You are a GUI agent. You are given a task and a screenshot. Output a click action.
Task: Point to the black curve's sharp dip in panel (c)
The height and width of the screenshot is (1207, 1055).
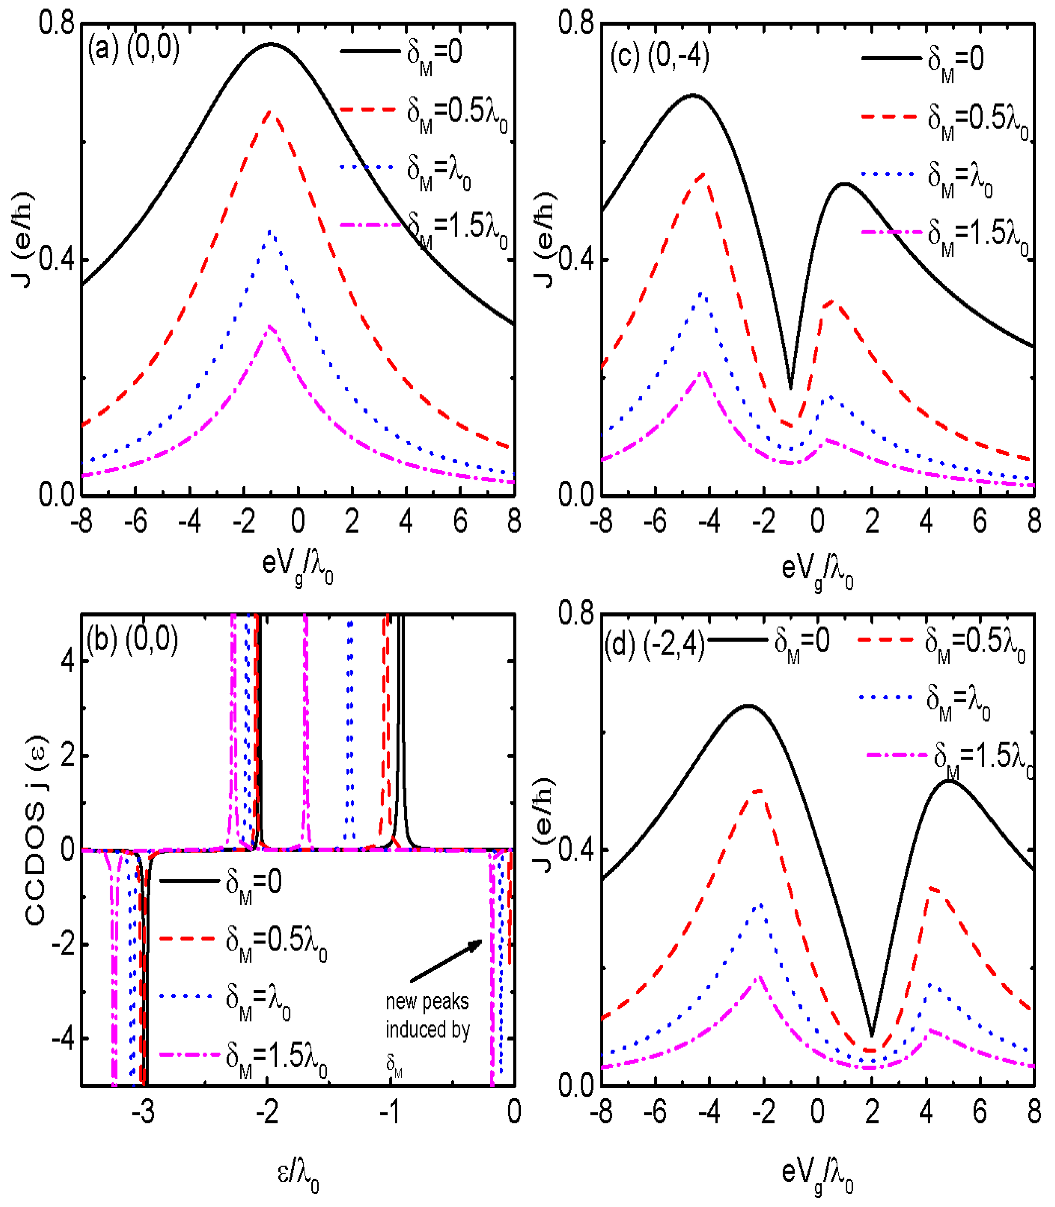(791, 387)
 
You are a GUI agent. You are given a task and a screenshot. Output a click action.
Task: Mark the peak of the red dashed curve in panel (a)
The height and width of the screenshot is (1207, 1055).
(270, 111)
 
